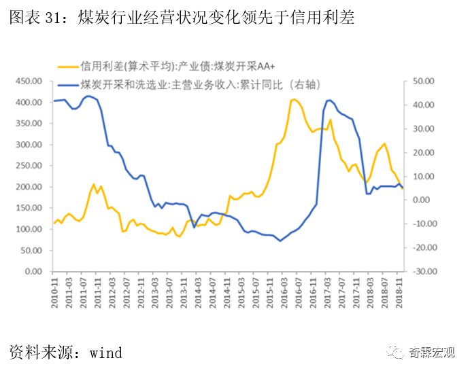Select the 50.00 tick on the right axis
(423, 81)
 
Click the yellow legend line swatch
(67, 66)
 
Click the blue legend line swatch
(67, 84)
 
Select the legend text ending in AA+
(182, 66)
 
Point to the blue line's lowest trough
(280, 241)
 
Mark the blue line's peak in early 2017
(329, 100)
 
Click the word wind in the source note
(105, 353)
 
